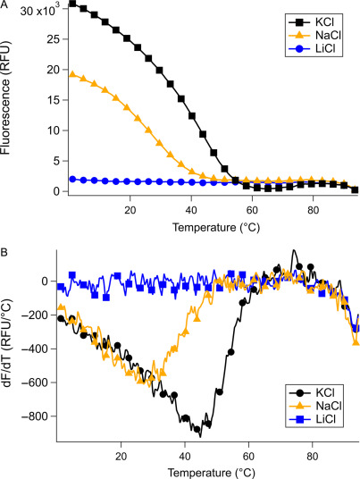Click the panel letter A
pos(6,6)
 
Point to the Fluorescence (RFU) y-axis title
pos(8,100)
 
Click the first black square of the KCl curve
pos(72,4)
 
